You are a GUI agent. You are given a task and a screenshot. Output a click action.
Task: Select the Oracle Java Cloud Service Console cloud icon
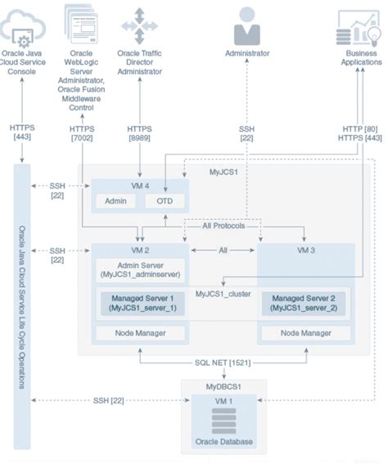pos(21,26)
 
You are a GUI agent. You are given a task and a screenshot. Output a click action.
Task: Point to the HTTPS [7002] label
pos(83,134)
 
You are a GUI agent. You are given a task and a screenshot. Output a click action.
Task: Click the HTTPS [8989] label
pos(139,134)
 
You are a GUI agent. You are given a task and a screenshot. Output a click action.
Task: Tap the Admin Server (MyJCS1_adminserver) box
pos(139,270)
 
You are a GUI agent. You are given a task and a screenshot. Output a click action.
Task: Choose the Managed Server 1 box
pos(139,305)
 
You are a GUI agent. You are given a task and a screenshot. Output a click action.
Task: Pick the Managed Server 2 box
pos(305,305)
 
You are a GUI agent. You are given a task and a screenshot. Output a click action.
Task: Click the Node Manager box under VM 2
pos(139,333)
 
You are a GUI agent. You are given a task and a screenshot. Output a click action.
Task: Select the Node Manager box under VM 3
pos(305,333)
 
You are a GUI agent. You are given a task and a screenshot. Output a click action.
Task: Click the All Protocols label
pos(223,225)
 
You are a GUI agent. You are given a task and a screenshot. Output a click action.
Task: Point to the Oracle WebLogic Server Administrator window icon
pos(81,25)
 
